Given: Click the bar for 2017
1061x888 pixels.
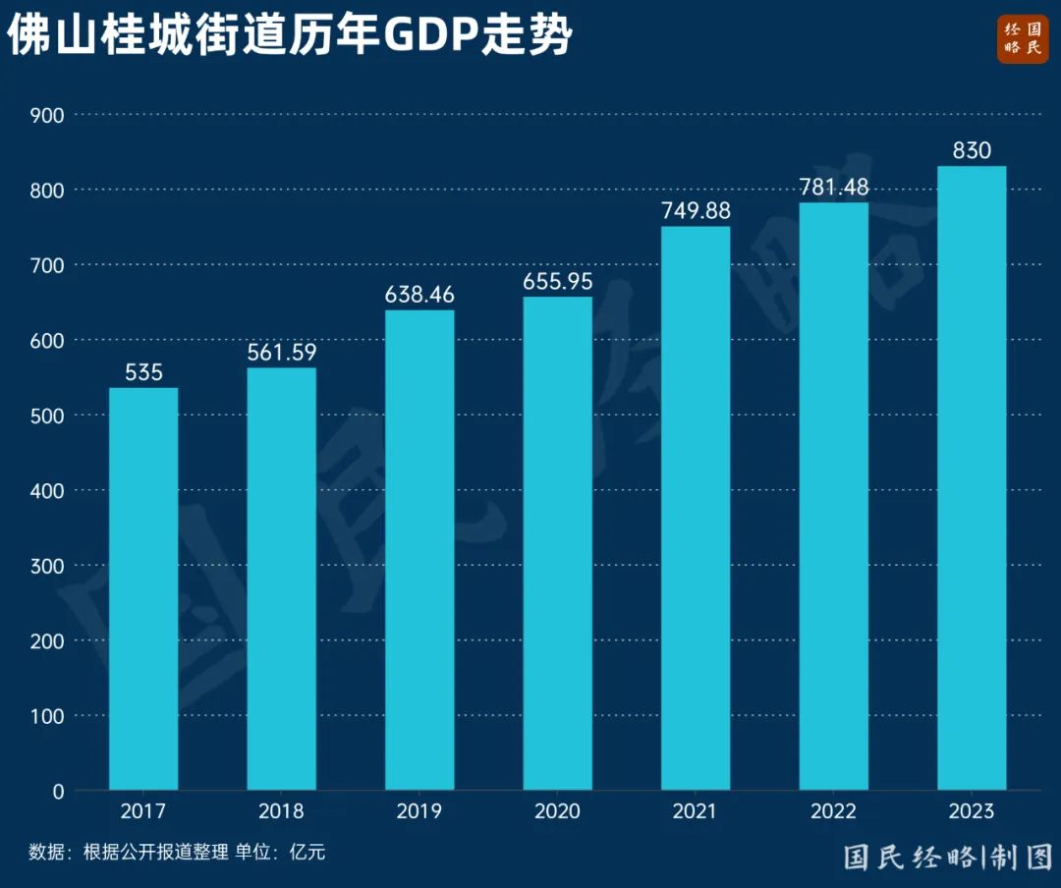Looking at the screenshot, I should coord(143,589).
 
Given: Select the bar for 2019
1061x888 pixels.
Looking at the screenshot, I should coord(419,550).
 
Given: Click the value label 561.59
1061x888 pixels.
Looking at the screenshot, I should coord(282,352).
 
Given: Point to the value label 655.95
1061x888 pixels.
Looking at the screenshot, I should coord(558,280).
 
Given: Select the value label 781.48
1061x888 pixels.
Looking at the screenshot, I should coord(834,187).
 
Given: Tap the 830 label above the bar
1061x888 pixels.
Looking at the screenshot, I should coord(972,150).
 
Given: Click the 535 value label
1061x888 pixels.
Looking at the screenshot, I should coord(143,372).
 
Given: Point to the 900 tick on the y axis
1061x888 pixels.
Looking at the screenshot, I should coord(46,115).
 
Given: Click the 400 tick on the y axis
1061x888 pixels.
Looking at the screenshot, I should coord(46,490).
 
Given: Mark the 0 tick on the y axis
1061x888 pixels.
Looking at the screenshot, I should coord(57,791).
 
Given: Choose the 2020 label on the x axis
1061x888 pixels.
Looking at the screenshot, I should coord(558,812).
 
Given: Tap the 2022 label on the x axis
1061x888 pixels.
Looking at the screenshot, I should coord(834,812).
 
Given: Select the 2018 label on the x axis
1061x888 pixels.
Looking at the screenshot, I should coord(282,812).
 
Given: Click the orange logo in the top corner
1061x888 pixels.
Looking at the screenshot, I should coord(1023,39).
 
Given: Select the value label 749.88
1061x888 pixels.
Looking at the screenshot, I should coord(696,210).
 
